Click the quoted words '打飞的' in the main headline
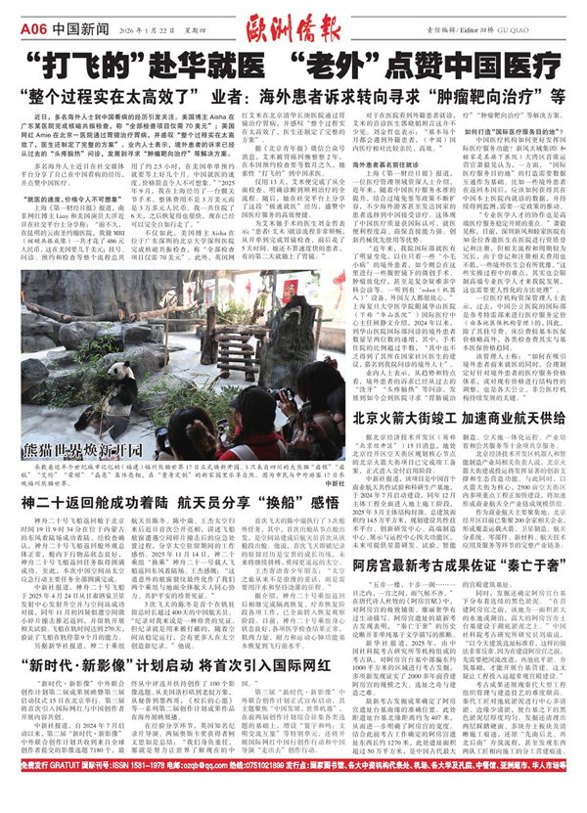94,52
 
